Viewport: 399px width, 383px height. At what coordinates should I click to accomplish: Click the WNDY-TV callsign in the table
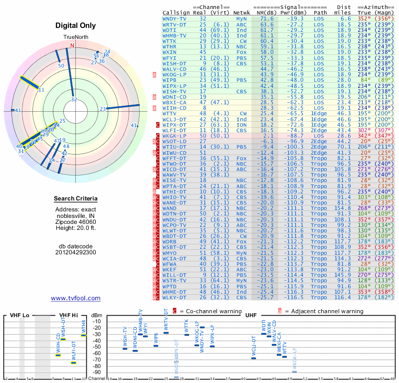point(175,18)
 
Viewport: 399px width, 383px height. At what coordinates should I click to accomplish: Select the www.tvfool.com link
point(76,298)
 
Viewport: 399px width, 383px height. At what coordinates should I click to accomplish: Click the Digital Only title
point(76,25)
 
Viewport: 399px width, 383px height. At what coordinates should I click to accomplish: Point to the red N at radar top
point(73,45)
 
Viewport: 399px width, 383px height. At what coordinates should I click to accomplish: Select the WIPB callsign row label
point(170,80)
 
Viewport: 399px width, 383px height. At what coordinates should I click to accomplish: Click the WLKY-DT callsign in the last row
point(175,298)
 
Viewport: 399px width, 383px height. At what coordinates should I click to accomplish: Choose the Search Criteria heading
point(76,199)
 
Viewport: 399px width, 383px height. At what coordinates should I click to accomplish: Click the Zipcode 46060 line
point(76,221)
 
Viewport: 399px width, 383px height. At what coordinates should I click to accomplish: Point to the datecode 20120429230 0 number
point(76,252)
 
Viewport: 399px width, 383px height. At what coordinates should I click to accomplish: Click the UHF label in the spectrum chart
point(251,315)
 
